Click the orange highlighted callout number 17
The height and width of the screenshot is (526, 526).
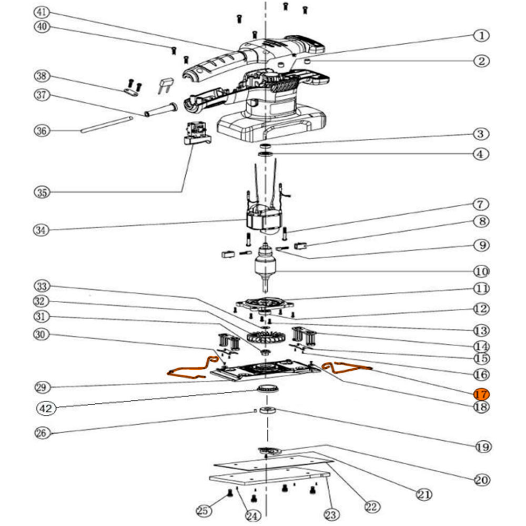(x=481, y=394)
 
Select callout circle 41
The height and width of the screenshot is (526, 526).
(x=43, y=12)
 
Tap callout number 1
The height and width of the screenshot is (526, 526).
(x=481, y=36)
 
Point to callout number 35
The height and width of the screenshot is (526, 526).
(x=43, y=192)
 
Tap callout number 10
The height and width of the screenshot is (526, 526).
(x=481, y=271)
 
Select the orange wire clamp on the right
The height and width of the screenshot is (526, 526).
(x=347, y=367)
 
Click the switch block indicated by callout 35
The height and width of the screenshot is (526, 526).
(x=196, y=134)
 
